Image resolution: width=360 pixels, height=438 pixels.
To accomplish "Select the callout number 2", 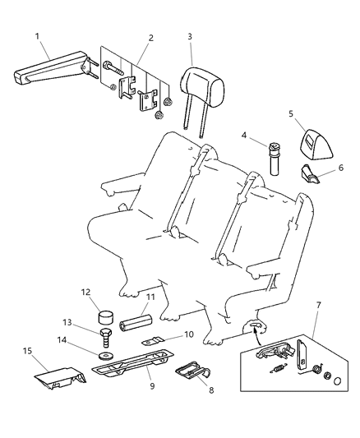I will coord(150,38).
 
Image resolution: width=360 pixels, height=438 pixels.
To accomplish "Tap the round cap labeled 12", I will coord(106,318).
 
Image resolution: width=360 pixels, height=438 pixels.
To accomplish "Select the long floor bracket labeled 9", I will coord(132,362).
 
